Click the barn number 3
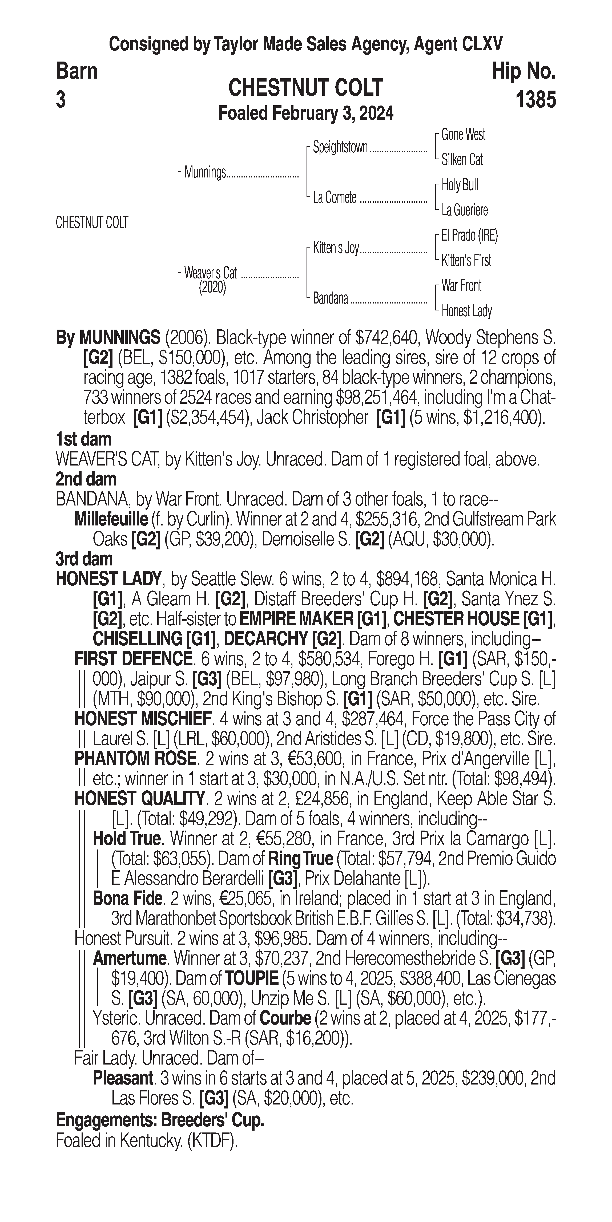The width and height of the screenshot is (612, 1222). point(61,100)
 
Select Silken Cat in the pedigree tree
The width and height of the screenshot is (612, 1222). point(462,160)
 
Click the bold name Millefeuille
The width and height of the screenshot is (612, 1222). point(111,519)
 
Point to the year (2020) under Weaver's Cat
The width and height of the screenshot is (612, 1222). point(212,288)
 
